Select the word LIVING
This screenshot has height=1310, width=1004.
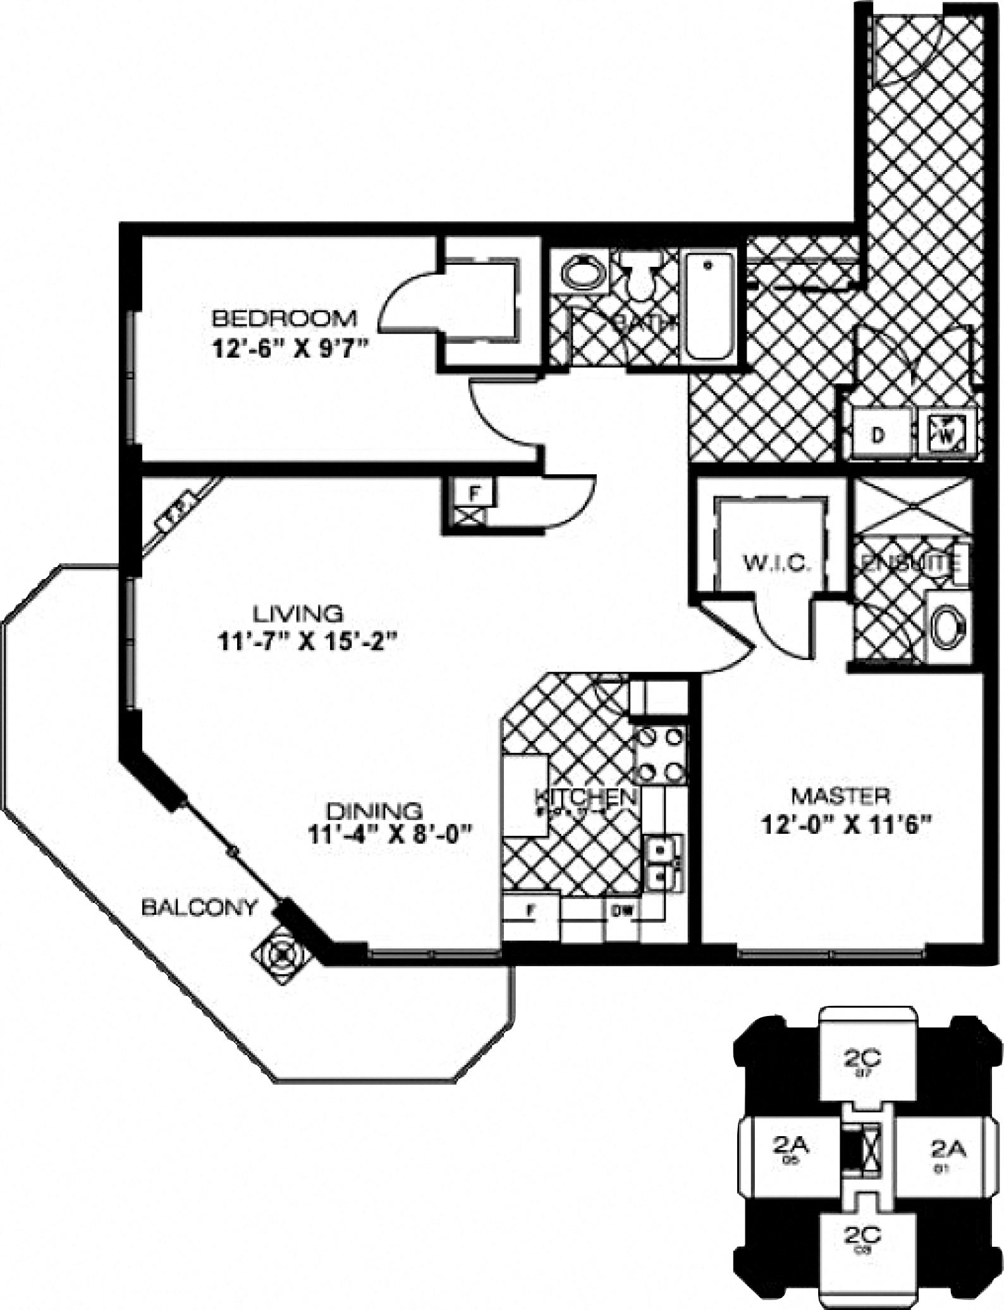[x=298, y=613]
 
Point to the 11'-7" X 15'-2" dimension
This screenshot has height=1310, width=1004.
[x=307, y=642]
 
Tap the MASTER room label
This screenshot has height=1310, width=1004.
[x=841, y=796]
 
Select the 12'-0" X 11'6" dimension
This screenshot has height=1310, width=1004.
[x=847, y=825]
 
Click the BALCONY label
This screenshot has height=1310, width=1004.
[x=199, y=907]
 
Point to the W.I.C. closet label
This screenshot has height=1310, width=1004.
[x=776, y=563]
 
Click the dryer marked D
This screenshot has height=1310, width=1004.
[x=877, y=435]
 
